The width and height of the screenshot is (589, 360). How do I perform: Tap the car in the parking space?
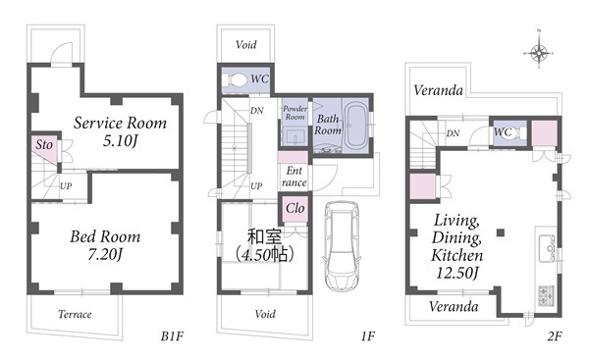(x=342, y=246)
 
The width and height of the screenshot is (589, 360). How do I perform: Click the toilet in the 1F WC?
(x=234, y=79)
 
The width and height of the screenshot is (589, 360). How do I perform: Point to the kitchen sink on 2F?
(x=547, y=248)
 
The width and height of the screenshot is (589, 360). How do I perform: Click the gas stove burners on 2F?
(x=547, y=296)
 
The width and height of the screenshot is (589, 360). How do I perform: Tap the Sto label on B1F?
(x=44, y=145)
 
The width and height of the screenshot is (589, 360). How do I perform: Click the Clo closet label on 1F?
(x=294, y=208)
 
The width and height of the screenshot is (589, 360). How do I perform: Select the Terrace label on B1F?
(x=75, y=314)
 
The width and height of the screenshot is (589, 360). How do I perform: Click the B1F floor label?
(x=172, y=336)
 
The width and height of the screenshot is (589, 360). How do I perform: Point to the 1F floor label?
(x=368, y=336)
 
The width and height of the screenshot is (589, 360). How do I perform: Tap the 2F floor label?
(x=555, y=336)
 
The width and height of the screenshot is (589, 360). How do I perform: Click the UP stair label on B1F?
(x=66, y=186)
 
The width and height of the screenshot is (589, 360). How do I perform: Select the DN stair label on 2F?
(x=453, y=133)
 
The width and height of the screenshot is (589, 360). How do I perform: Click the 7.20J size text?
(x=105, y=255)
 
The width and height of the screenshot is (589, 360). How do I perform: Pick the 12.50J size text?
(x=457, y=273)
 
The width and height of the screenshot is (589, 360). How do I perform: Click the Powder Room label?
(x=294, y=113)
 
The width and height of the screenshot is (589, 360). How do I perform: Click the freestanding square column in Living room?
(x=501, y=232)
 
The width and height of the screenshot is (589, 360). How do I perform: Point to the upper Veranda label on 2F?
(x=438, y=90)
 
